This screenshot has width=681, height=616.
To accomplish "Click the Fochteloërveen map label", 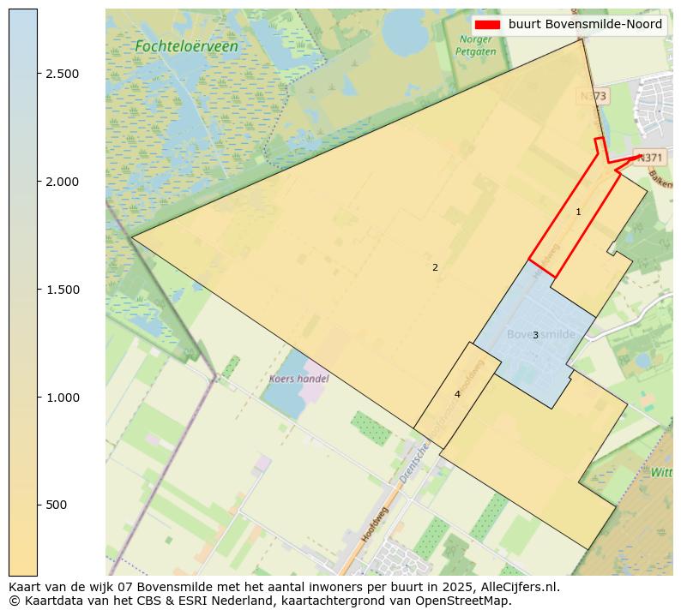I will [186, 46].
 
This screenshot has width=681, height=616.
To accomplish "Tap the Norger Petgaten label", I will [476, 45].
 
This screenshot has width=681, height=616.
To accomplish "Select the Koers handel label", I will [298, 378].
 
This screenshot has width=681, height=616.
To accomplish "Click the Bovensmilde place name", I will [540, 334].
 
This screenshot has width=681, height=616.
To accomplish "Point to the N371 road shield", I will [650, 158].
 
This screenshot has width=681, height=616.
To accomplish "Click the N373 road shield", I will [593, 97].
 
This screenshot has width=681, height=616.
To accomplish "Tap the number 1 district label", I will [578, 212].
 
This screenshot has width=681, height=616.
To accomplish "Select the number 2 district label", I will [435, 267].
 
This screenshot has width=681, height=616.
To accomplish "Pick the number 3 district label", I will [535, 335].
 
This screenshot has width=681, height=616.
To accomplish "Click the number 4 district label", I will [457, 394].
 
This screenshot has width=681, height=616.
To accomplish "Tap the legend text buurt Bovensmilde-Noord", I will [585, 25].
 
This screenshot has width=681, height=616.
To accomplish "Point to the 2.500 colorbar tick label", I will [63, 74].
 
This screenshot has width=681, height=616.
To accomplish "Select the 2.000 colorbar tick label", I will [63, 182].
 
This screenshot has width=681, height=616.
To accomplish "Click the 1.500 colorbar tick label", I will [63, 290].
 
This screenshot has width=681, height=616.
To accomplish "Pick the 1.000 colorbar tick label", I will [63, 398].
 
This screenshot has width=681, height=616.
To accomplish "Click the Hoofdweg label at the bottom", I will [375, 523].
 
